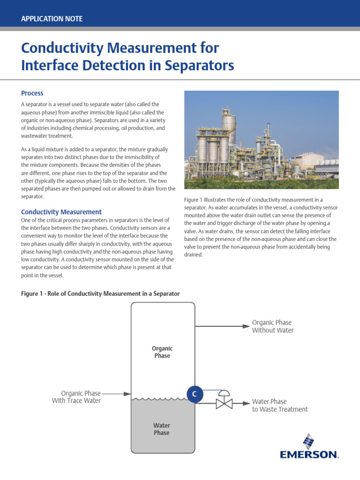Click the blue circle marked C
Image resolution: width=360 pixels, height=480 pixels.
tap(195, 394)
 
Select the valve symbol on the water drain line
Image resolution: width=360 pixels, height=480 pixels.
tap(224, 402)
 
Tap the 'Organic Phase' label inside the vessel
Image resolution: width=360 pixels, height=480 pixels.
tap(162, 352)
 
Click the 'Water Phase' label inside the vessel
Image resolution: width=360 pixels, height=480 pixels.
tap(162, 429)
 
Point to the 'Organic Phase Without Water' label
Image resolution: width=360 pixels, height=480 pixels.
tap(273, 326)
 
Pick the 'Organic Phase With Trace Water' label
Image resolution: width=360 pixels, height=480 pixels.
tap(77, 397)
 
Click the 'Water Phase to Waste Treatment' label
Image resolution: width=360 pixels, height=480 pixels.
tap(279, 405)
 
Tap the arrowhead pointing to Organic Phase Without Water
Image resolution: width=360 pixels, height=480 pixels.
tap(246, 326)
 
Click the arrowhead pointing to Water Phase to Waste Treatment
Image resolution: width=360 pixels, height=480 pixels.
tap(246, 402)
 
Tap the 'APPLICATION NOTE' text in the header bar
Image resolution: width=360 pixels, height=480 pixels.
tap(52, 19)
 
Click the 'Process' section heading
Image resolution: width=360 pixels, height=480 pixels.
tap(32, 93)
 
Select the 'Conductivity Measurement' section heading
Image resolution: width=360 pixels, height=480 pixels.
tap(61, 212)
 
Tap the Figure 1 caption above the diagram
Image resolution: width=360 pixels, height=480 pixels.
tap(100, 293)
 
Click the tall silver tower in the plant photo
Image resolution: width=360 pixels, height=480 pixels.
tap(228, 124)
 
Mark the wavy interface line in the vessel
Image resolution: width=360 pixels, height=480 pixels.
tap(162, 399)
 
